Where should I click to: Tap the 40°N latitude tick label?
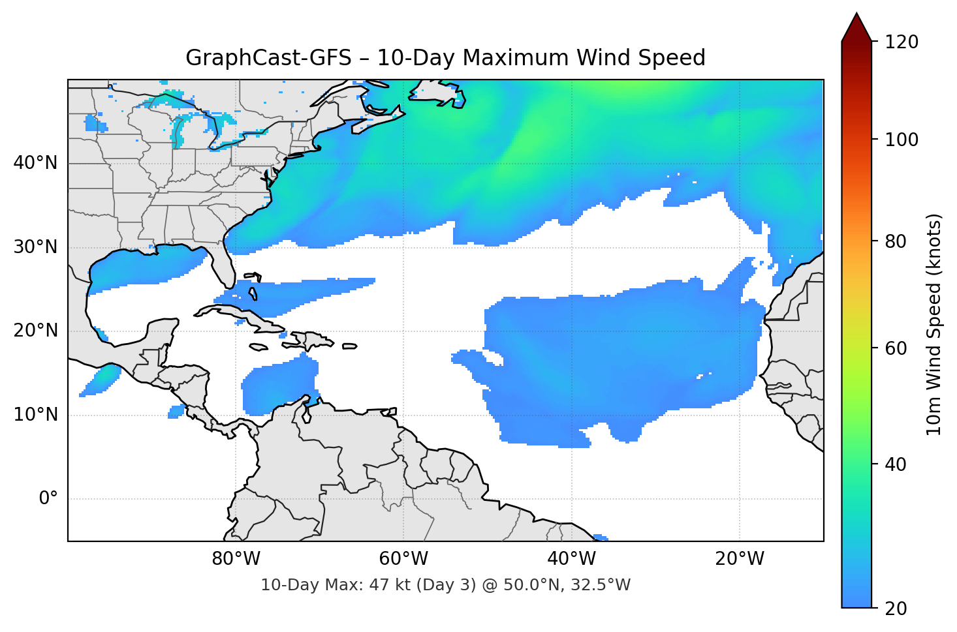(35, 163)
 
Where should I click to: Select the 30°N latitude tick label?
(35, 247)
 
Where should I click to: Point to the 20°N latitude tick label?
(35, 331)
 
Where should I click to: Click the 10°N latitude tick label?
(35, 415)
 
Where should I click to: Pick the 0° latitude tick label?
(48, 499)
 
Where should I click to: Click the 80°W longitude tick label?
(236, 559)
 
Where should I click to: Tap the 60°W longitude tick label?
(403, 559)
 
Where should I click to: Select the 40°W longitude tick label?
(571, 559)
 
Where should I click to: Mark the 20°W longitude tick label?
(739, 559)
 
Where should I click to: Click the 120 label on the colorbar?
(902, 42)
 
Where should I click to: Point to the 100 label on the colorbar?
(902, 140)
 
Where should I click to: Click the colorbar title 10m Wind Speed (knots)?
(934, 324)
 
